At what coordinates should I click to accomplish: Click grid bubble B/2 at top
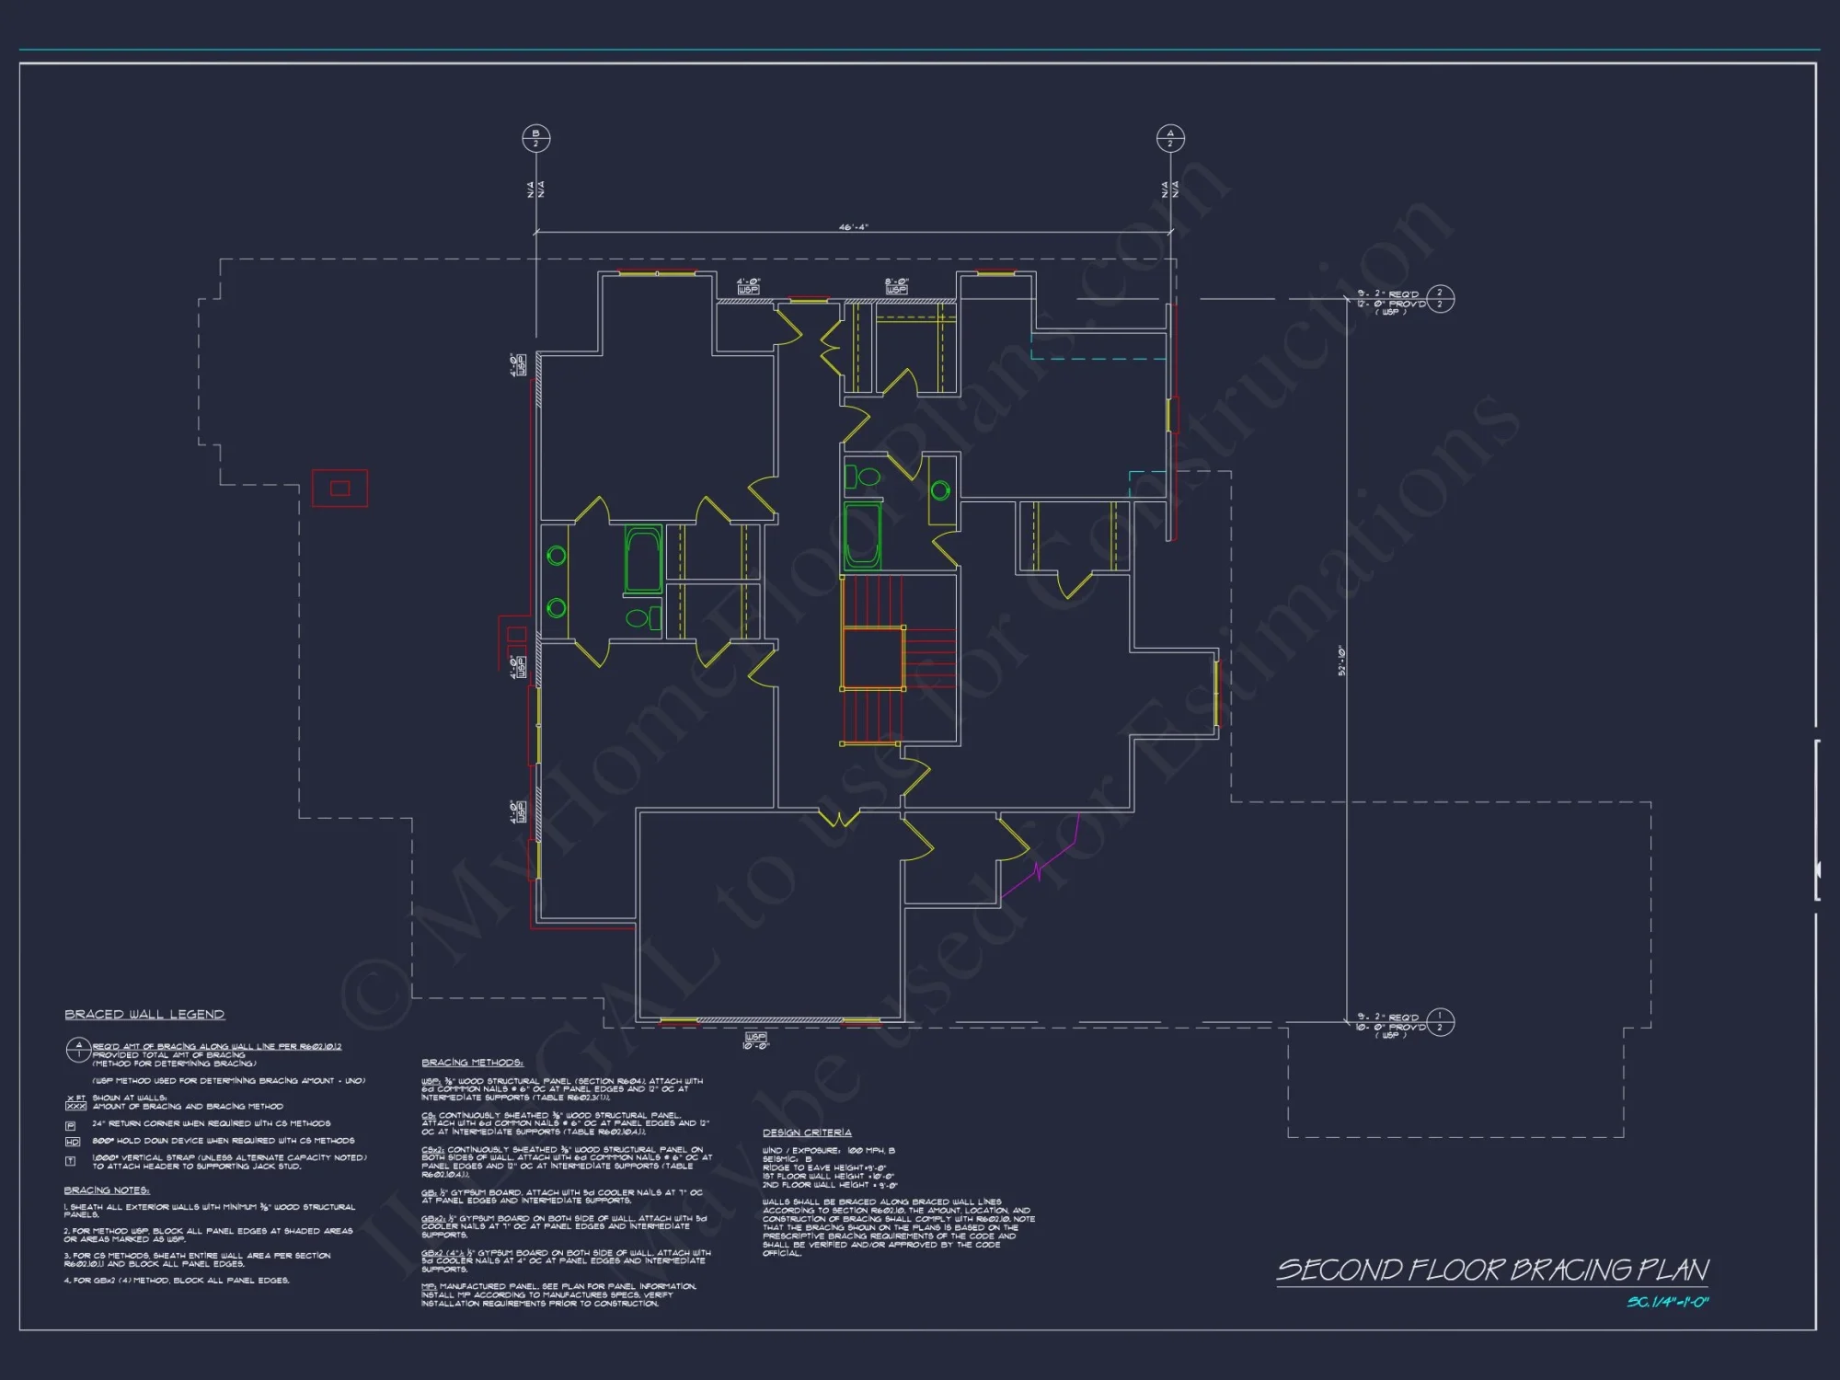pos(535,138)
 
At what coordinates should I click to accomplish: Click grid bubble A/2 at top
pos(1169,138)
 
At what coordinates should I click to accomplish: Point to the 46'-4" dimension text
pos(853,226)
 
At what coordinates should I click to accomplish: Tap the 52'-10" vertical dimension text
pos(1341,661)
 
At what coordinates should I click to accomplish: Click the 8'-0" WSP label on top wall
pos(896,286)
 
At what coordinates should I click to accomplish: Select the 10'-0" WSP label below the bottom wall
pos(754,1041)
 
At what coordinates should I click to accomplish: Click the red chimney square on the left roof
pos(339,488)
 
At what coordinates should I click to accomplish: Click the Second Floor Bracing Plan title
pos(1491,1271)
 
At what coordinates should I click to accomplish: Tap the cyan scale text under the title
pos(1667,1302)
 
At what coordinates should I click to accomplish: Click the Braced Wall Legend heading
pos(144,1014)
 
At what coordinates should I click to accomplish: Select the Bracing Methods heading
pos(472,1062)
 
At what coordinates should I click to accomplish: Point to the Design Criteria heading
pos(807,1133)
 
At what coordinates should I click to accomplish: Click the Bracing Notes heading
pos(107,1190)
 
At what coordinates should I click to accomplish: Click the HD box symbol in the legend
pos(72,1142)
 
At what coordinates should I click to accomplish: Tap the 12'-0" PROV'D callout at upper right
pos(1391,304)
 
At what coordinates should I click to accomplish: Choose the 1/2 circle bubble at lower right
pos(1440,1022)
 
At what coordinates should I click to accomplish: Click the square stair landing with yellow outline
pos(872,657)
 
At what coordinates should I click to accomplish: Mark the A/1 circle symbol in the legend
pos(78,1049)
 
